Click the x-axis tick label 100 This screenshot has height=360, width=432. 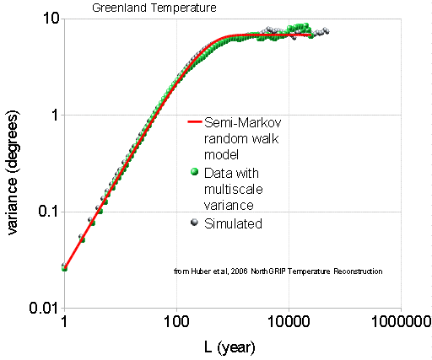point(176,322)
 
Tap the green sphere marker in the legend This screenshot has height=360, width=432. point(195,172)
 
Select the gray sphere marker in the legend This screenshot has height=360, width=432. point(195,223)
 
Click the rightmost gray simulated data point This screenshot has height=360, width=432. point(327,31)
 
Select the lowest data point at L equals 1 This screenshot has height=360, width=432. point(64,267)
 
